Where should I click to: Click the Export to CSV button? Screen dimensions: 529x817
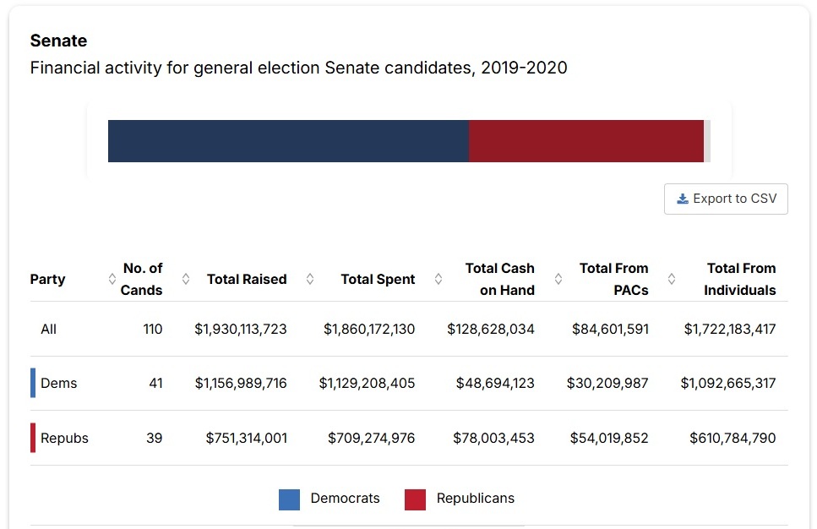(726, 199)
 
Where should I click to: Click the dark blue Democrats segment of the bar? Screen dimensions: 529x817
(288, 141)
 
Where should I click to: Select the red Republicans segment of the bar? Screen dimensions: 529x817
(586, 141)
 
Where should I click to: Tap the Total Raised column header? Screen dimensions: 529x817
(247, 279)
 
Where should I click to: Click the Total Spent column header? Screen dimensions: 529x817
(378, 279)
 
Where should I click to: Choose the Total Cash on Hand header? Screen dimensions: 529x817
(499, 279)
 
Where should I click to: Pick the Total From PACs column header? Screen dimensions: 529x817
(613, 279)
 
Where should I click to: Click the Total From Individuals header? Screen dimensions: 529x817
(740, 279)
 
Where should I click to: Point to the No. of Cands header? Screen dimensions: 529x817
(142, 279)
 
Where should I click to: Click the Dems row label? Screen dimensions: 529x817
(58, 383)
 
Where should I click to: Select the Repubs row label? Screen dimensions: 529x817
(64, 438)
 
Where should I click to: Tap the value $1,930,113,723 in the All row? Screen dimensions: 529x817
(241, 329)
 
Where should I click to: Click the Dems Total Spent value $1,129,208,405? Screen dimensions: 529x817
(367, 383)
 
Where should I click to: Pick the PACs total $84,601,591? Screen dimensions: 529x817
(610, 329)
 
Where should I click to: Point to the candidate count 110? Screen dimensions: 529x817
(152, 329)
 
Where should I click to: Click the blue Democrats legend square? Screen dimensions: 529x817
(289, 499)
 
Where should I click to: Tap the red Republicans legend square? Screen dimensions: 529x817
(415, 499)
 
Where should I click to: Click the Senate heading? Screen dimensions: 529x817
(58, 41)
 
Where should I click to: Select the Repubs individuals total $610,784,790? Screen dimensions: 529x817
(733, 438)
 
